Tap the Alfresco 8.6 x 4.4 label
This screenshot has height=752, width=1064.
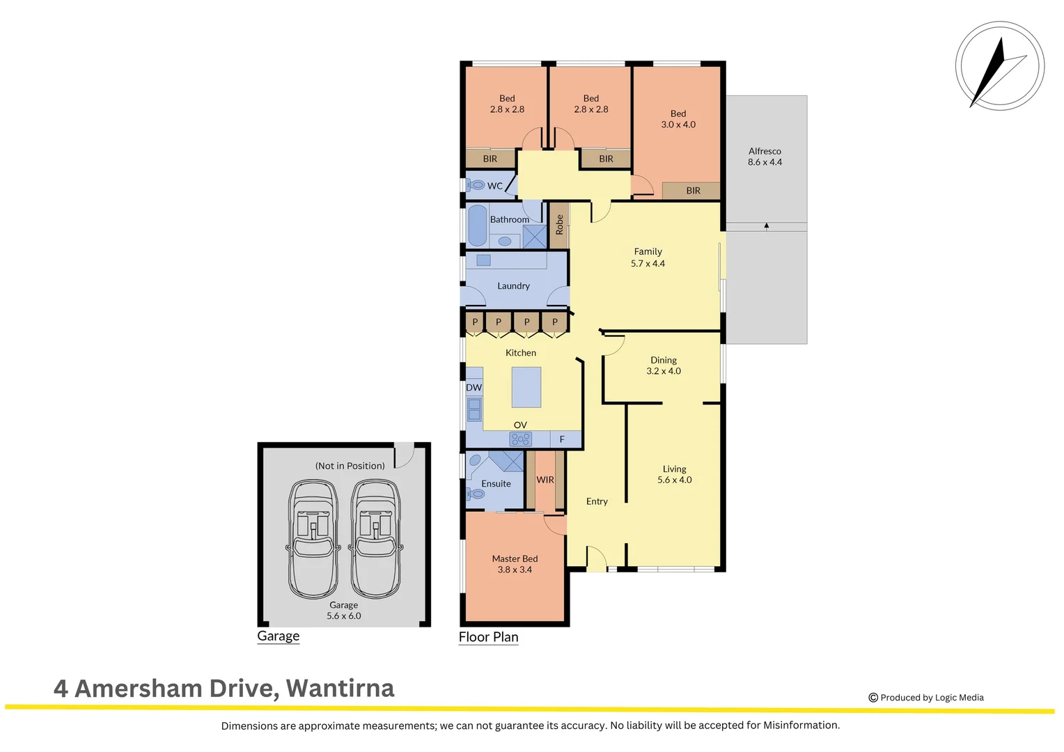(765, 157)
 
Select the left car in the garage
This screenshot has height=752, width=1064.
(313, 538)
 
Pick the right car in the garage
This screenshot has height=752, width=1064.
(375, 538)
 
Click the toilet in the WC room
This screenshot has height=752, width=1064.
(476, 185)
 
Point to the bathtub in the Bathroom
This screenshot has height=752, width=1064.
(477, 225)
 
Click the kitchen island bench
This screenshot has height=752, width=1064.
(526, 387)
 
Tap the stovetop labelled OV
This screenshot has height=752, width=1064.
(520, 439)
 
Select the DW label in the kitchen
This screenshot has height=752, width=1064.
(474, 388)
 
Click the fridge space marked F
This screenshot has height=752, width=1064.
(563, 439)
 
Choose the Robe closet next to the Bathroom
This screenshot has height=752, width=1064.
(559, 225)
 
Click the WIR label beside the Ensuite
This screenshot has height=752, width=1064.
(545, 480)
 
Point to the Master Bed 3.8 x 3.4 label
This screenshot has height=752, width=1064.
(515, 564)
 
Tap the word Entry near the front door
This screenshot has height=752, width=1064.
(597, 501)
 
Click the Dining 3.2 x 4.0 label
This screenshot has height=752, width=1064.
(664, 366)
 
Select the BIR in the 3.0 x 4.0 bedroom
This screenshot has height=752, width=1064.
(692, 191)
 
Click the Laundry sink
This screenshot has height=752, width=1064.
(483, 260)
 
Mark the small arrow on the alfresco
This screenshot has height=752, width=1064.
(766, 226)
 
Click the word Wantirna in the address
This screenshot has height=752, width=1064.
(340, 688)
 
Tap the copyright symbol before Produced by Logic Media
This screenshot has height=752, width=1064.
(873, 698)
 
